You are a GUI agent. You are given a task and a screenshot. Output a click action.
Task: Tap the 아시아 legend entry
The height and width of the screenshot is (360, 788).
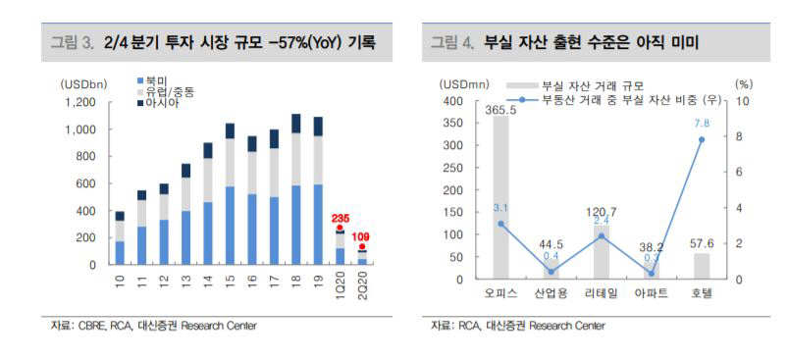pyautogui.click(x=161, y=103)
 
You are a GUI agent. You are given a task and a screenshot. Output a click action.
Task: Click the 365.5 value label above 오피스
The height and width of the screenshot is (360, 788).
pyautogui.click(x=500, y=109)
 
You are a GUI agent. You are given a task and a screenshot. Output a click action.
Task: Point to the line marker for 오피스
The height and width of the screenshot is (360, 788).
pyautogui.click(x=500, y=224)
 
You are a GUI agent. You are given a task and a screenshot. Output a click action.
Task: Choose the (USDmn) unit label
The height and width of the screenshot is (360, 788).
pyautogui.click(x=462, y=85)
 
